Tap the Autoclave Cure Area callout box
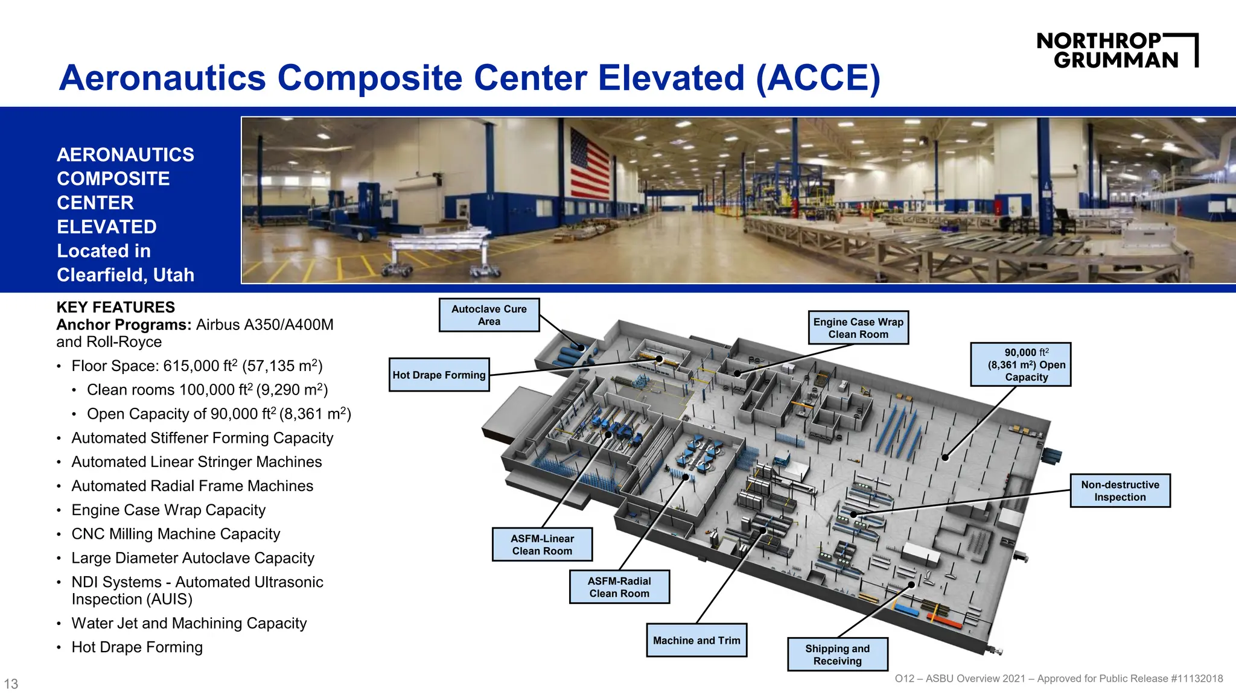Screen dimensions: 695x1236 489,315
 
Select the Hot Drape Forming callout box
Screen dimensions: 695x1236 439,375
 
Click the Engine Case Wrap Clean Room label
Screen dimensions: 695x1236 858,328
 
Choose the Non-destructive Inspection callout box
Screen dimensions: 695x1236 1120,490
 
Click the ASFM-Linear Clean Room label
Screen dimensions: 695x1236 542,544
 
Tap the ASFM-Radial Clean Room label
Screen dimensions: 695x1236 619,587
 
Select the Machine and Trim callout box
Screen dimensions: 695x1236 696,640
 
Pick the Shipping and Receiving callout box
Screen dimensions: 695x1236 837,655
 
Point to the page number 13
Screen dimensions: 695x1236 11,684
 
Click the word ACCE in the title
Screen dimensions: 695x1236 818,78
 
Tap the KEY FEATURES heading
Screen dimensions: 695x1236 115,307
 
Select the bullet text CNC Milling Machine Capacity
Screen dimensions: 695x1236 176,534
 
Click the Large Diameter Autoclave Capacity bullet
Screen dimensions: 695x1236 193,558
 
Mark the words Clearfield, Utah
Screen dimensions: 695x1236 126,275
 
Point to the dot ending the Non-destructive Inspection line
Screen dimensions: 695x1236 853,515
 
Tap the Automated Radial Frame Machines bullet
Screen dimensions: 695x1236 192,486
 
